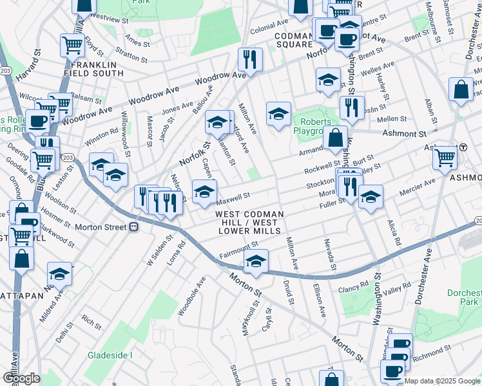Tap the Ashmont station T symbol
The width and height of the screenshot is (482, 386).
(x=463, y=147)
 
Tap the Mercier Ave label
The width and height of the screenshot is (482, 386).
(x=419, y=186)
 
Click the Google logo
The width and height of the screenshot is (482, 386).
(x=21, y=378)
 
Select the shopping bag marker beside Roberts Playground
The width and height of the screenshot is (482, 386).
(x=335, y=138)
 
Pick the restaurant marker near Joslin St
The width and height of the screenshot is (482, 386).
(x=352, y=107)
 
